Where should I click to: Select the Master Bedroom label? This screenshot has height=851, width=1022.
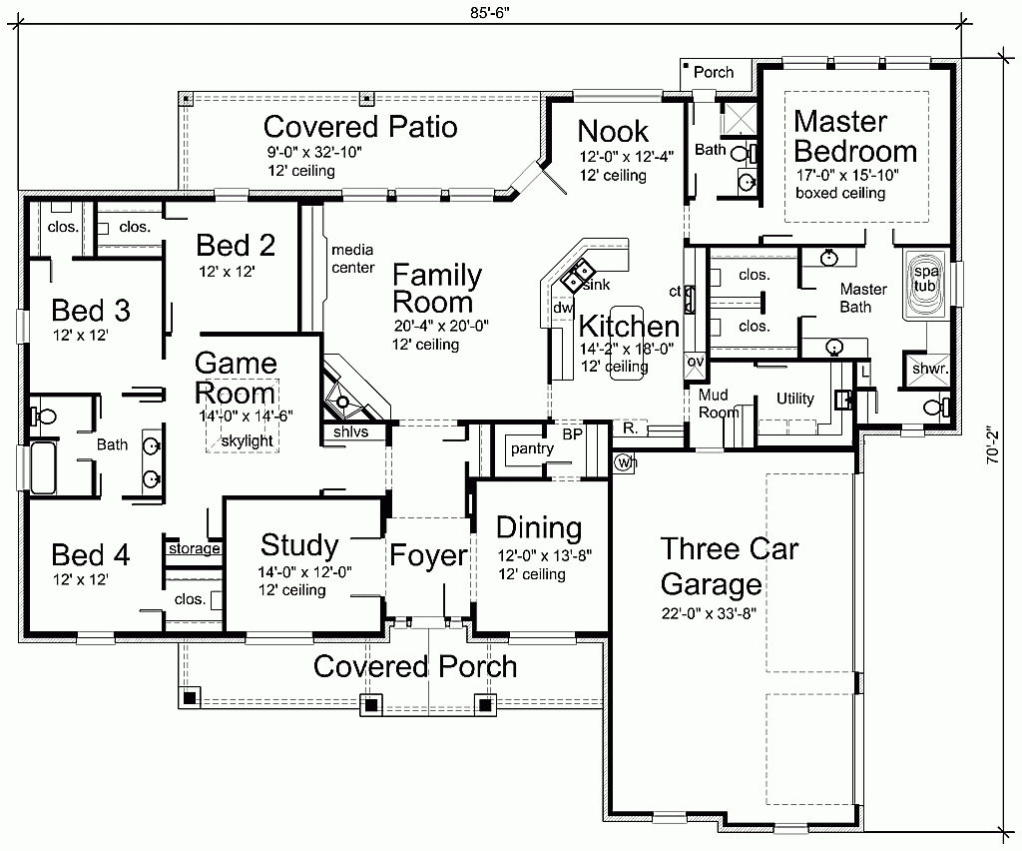pos(854,137)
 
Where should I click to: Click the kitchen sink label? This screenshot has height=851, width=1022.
pos(596,286)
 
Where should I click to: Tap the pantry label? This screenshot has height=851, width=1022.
pos(532,449)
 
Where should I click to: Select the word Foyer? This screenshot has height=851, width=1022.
pos(428,555)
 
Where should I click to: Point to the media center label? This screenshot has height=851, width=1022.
pos(353,259)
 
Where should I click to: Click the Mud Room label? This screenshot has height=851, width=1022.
pos(719,404)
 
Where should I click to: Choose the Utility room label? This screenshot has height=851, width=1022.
pos(795,399)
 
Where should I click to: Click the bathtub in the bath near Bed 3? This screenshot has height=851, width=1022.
pos(44,469)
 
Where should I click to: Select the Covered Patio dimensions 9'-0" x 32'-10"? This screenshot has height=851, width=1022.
pos(313,152)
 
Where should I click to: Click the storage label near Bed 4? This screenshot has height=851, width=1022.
pos(194,549)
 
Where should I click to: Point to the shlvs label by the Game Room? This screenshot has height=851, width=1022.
pos(344,432)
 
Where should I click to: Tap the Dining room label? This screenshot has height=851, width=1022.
pos(539,527)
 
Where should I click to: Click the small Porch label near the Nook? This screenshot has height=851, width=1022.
pos(714,72)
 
